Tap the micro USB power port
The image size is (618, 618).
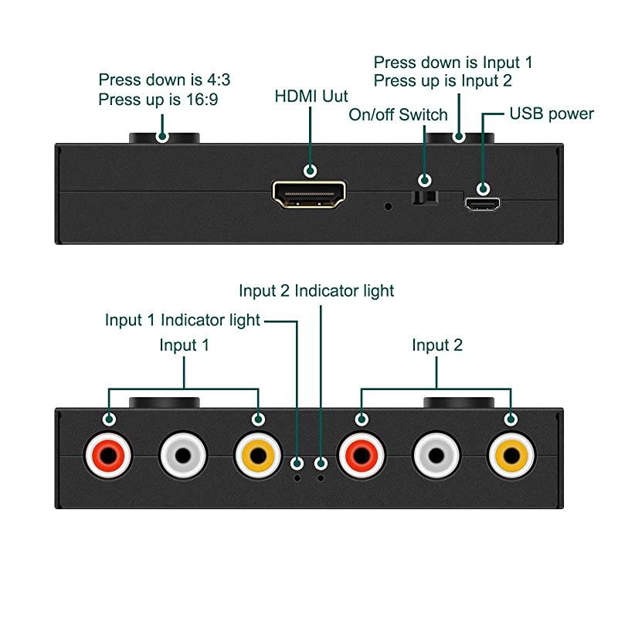[x=483, y=205]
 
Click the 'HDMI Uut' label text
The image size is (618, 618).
[x=311, y=97]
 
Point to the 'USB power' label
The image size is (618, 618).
[x=551, y=114]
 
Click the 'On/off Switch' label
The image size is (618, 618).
[x=398, y=115]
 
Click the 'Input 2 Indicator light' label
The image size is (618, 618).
[x=316, y=290]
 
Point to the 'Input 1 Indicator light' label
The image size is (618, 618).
[x=182, y=320]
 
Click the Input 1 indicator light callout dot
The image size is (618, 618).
[x=297, y=463]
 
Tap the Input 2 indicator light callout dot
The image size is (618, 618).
[x=321, y=463]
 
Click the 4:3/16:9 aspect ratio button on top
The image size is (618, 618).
[x=164, y=138]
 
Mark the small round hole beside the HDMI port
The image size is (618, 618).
[x=389, y=206]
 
